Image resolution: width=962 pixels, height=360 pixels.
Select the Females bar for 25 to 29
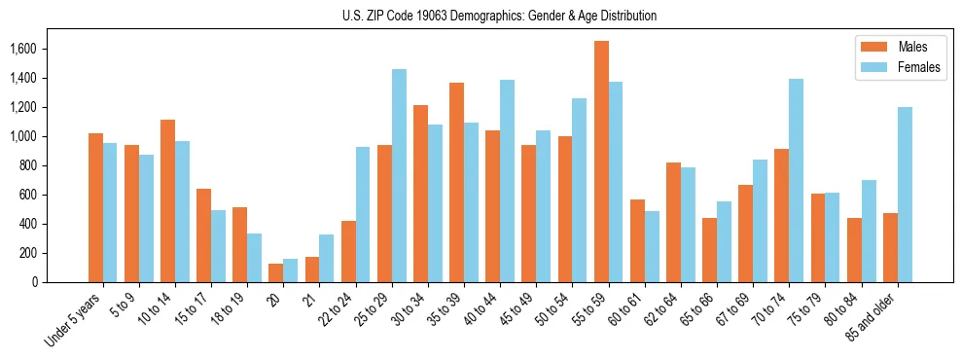point(399,175)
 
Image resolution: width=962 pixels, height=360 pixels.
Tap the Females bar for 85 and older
point(905,195)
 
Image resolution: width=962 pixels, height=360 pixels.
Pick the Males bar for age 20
point(276,272)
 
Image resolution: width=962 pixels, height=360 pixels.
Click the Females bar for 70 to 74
point(796,180)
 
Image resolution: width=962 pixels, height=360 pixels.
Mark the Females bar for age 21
point(327,258)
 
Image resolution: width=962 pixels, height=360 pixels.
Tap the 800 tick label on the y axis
point(27,165)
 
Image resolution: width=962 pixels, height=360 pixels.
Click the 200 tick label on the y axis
point(27,253)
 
